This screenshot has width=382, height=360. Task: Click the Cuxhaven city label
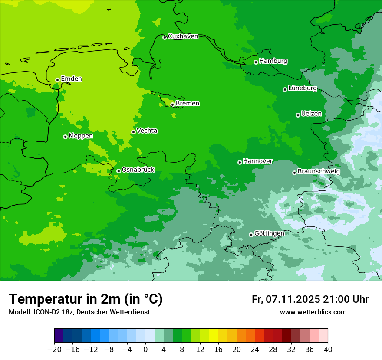coord(183,36)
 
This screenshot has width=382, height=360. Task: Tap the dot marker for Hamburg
coord(256,62)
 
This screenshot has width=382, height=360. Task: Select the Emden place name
coord(71,79)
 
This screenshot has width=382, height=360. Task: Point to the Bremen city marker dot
coord(172,105)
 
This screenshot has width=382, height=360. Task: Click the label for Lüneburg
coord(302,88)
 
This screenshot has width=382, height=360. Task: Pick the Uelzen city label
coord(311,114)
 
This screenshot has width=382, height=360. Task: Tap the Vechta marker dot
coord(133,132)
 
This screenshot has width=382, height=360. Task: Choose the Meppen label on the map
coord(81,136)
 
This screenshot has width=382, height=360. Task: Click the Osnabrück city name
coord(138,170)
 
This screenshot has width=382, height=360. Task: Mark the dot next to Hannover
coord(240,162)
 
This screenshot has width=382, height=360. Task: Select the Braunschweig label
coord(319,171)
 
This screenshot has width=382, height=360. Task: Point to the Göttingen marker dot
coord(251,235)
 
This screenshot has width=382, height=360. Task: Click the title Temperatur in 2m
coord(86,299)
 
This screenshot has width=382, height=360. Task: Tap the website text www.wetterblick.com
coord(313,312)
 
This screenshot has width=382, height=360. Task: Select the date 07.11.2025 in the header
coord(292,299)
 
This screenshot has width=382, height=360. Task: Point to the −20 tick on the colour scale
coord(54,350)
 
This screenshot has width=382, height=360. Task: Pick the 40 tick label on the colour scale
coord(328,350)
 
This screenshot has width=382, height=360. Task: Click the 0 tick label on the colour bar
coord(145,350)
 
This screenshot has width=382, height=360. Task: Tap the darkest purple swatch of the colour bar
coord(59,336)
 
